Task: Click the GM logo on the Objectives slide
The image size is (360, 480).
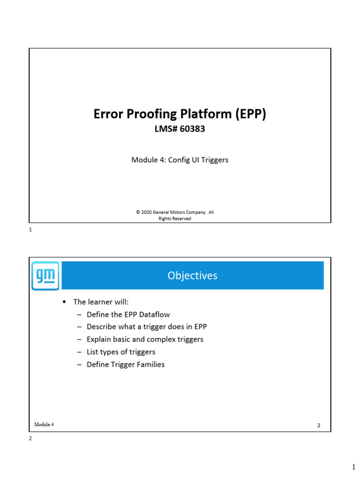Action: pos(45,276)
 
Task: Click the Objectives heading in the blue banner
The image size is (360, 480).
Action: pos(192,276)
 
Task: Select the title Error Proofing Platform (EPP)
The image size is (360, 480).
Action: pos(180,114)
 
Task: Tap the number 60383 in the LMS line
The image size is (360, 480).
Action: pos(192,129)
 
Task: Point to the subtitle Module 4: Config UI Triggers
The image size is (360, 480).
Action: pos(180,160)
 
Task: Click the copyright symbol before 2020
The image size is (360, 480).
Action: pos(138,212)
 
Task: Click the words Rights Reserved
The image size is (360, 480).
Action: pos(175,218)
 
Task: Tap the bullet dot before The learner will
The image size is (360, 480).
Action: pos(64,301)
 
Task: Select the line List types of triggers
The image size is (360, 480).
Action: pos(121,352)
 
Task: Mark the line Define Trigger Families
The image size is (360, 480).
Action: pos(126,364)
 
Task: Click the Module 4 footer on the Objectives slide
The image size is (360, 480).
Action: pos(44,424)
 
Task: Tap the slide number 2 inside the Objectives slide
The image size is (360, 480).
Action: pos(319,425)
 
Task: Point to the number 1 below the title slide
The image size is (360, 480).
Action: pos(30,230)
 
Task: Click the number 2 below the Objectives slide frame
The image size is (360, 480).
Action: pos(30,439)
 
